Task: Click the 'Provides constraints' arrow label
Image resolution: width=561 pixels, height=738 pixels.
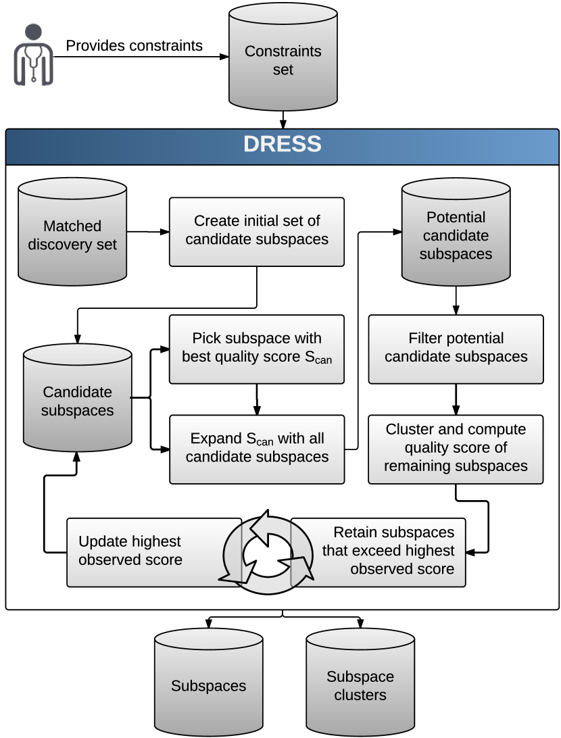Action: [x=134, y=46]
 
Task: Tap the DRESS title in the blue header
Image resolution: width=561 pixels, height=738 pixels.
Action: [x=283, y=144]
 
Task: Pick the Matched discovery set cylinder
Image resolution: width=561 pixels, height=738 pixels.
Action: [x=72, y=233]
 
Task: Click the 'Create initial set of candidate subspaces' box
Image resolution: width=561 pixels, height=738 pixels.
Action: [x=257, y=230]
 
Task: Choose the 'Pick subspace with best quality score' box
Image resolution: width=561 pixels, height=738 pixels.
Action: [x=257, y=348]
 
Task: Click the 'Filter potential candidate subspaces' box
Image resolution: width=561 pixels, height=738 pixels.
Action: [x=456, y=348]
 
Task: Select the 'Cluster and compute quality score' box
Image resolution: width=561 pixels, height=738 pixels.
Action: [x=456, y=449]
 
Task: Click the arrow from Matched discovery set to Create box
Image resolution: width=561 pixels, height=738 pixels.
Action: [x=147, y=232]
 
